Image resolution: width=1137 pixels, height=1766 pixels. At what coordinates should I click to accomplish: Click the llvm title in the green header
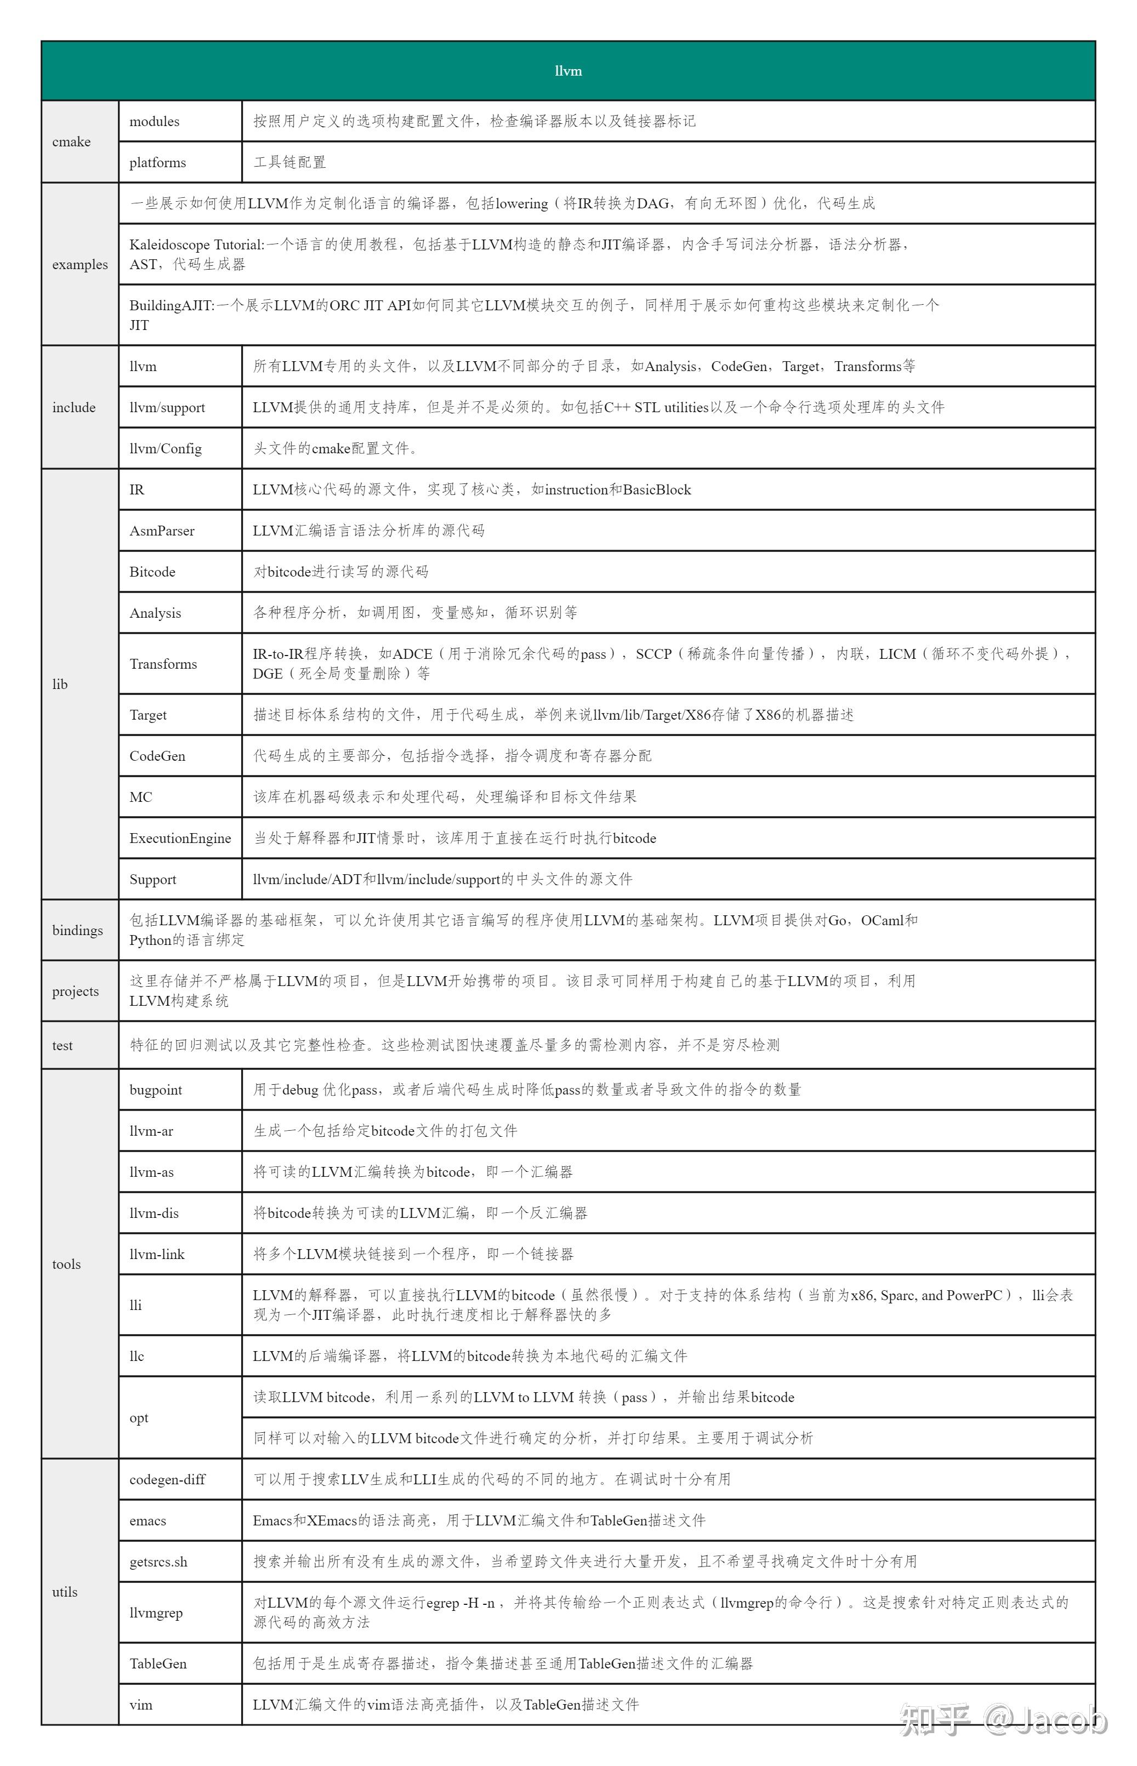pos(568,71)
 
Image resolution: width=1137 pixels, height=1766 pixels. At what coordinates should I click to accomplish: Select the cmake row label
pos(72,142)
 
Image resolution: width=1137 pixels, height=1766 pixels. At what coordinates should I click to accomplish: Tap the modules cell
pos(154,121)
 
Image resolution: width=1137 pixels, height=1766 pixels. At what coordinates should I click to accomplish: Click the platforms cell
pos(157,162)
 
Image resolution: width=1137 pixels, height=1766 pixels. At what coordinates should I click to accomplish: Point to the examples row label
pos(79,264)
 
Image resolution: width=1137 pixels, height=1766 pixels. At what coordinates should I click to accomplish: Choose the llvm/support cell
pos(167,407)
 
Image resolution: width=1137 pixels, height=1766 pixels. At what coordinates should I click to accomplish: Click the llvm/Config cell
pos(166,449)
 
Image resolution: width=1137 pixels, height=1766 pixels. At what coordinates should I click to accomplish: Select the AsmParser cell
pos(162,531)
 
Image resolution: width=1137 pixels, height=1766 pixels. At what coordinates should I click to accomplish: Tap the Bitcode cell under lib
pos(152,572)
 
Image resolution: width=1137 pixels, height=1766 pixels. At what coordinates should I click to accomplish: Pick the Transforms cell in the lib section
pos(163,663)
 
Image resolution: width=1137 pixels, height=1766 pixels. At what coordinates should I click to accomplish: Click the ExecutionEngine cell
pos(180,839)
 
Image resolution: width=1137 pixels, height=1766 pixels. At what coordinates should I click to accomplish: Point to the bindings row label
pos(77,930)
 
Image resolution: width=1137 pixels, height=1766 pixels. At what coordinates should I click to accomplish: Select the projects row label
pos(75,991)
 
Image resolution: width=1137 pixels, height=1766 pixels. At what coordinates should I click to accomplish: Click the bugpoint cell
pos(155,1090)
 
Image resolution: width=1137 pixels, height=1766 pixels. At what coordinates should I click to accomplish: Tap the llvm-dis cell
pos(154,1214)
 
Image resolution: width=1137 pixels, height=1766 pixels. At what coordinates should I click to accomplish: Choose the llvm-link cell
pos(157,1255)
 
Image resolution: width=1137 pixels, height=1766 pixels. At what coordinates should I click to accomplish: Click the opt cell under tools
pos(139,1417)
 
